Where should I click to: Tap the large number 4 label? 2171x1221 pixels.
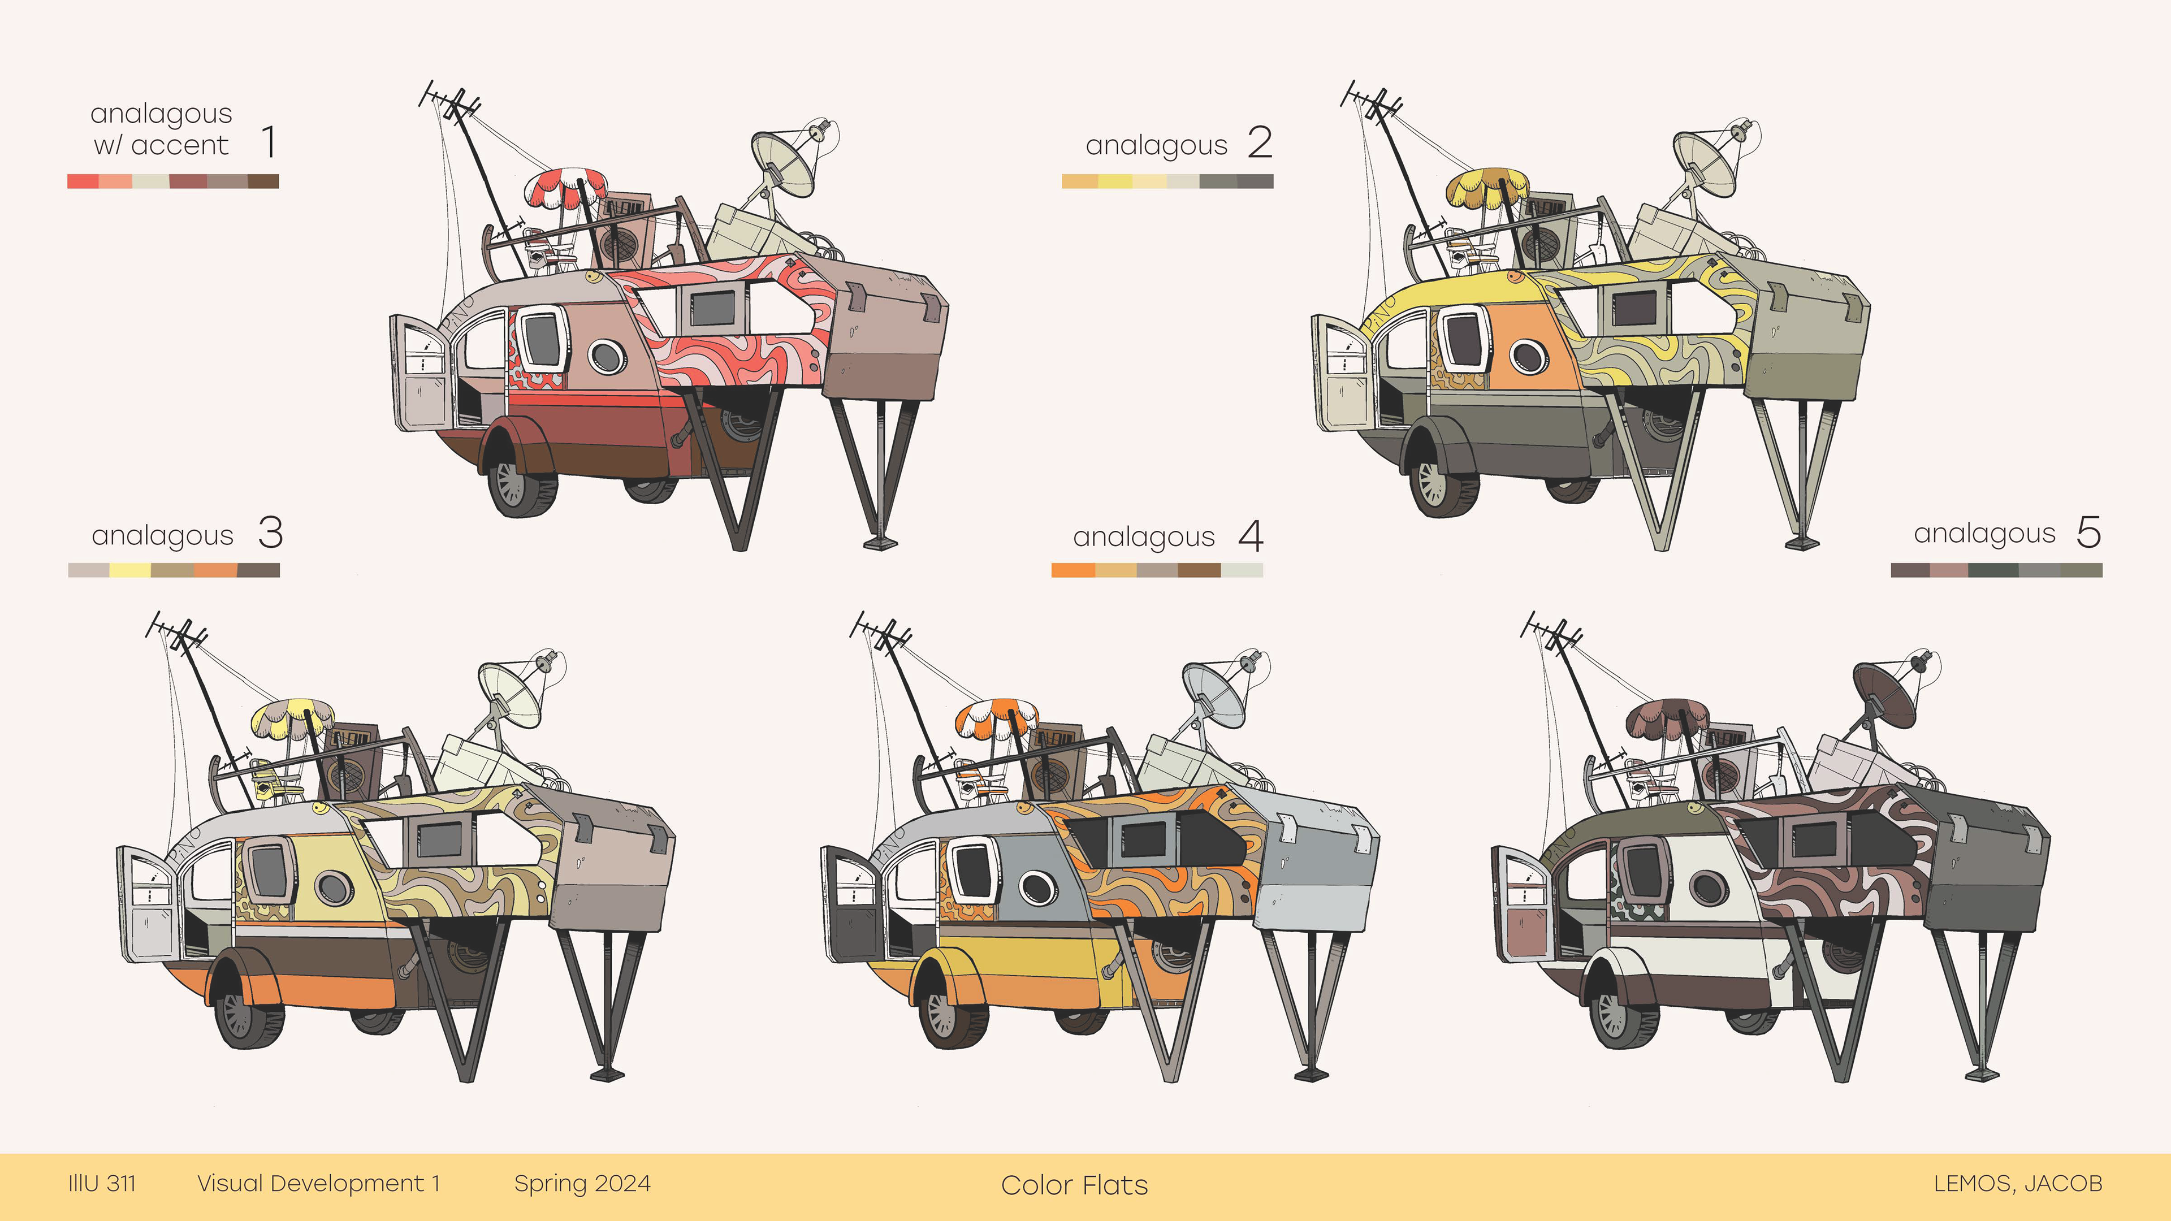(1251, 536)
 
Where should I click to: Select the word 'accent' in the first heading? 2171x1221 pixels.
(180, 145)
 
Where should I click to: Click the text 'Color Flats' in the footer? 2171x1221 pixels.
(1074, 1185)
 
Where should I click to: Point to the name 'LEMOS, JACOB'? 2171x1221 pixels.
(2018, 1183)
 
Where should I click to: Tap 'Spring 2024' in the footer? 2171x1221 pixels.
(582, 1183)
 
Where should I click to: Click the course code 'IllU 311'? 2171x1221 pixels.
(102, 1183)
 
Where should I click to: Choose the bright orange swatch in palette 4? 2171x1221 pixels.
(1073, 570)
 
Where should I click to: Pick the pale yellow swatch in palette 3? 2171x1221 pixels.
(130, 570)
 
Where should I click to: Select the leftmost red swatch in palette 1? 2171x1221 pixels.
(83, 181)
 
